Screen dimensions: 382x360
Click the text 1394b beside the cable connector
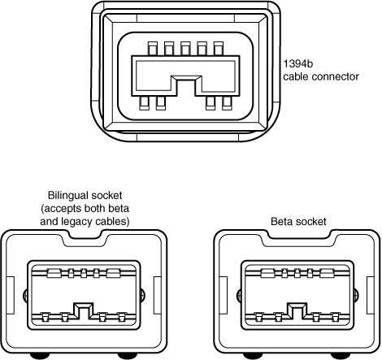point(297,64)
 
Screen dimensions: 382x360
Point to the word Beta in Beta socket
point(282,222)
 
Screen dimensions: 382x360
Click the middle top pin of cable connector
point(185,49)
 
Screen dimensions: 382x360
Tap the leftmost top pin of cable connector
point(153,49)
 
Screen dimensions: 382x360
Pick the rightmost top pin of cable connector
point(219,49)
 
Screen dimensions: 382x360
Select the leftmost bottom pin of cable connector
point(145,103)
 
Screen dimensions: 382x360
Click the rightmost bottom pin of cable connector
point(227,103)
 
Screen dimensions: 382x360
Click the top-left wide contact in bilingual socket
point(54,273)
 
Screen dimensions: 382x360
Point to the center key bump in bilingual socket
point(84,310)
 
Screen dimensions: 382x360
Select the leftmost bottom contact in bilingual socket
point(45,317)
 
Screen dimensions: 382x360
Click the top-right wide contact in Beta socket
point(327,273)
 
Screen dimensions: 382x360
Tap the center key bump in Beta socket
point(297,310)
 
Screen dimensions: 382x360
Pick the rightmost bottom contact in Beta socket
point(336,317)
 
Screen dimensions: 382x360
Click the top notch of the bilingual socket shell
point(85,238)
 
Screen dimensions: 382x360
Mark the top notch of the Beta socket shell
point(299,238)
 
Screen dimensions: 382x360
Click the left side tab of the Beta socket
point(224,295)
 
